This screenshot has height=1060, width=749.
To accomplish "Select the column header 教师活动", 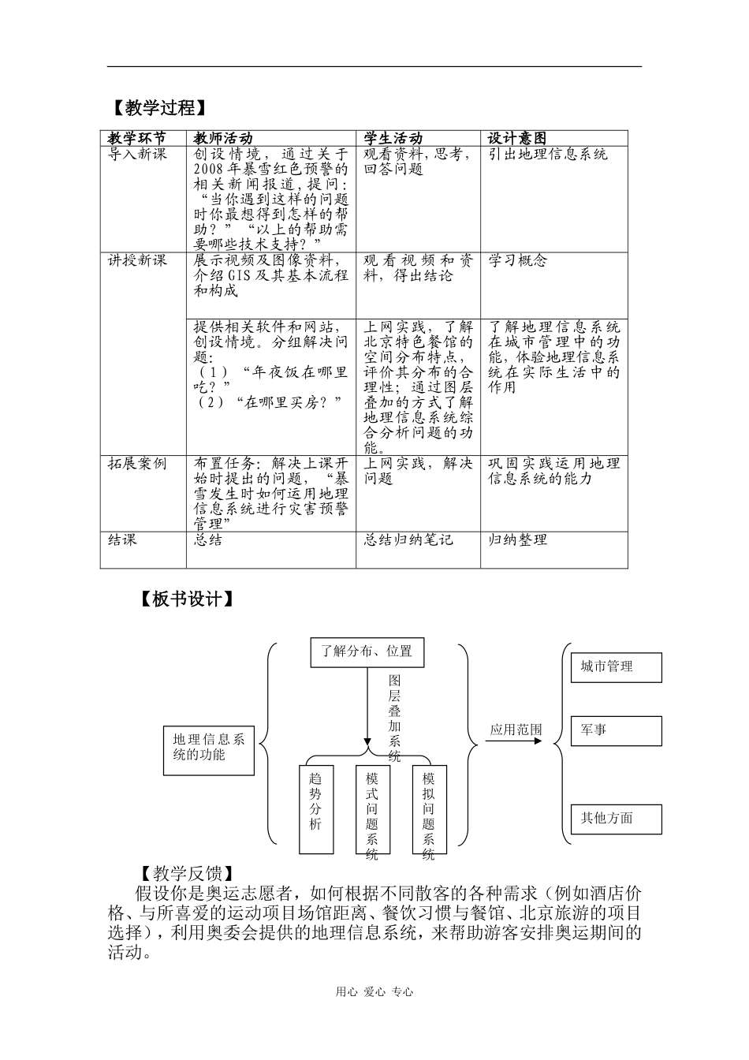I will (x=223, y=138).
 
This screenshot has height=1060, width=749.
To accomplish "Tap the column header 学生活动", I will (x=393, y=138).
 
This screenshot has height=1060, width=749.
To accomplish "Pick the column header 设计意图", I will (x=517, y=138).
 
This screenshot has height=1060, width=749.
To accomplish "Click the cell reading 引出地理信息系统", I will (x=548, y=155).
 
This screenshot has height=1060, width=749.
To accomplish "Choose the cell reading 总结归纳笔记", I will (x=408, y=540).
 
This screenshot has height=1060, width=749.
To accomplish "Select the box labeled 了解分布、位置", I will (x=367, y=651).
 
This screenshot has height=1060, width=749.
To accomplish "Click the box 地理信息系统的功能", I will (x=209, y=747).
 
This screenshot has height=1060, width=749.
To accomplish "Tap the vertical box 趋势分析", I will (x=315, y=808).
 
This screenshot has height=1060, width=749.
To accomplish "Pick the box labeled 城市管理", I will (x=616, y=667).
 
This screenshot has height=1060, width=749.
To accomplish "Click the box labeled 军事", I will (x=616, y=730).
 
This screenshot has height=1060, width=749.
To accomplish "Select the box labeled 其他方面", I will (x=616, y=819).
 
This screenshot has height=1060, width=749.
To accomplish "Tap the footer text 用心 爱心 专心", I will (x=374, y=992).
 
